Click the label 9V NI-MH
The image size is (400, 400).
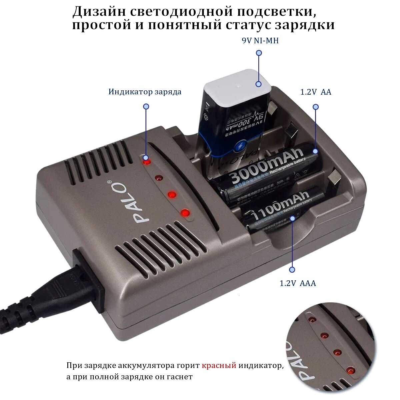[x=260, y=41]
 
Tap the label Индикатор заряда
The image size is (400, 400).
[x=145, y=92]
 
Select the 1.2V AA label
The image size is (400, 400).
[x=316, y=92]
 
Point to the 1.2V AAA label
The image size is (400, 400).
[x=298, y=284]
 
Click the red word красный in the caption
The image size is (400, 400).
[x=219, y=366]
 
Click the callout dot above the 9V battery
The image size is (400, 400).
[x=259, y=53]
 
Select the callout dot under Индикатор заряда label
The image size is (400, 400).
[x=146, y=107]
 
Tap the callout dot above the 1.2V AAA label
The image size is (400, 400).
[x=292, y=269]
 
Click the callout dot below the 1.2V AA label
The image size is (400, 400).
[x=316, y=107]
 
